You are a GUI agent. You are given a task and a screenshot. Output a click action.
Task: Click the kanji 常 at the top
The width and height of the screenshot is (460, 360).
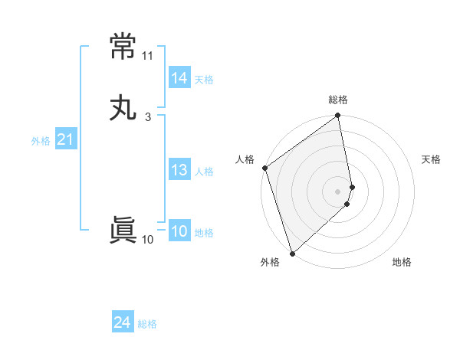point(123,47)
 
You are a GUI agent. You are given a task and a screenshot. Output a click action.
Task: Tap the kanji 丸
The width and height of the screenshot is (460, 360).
point(123,108)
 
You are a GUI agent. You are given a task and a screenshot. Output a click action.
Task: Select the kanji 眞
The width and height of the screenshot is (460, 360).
point(123,231)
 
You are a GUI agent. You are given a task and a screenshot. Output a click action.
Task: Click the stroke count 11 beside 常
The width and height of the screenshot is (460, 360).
point(147,56)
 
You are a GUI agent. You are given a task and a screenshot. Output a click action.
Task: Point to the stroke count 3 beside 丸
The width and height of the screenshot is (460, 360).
point(147,116)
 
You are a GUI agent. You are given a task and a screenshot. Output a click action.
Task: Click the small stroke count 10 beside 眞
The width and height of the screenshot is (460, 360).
point(147,240)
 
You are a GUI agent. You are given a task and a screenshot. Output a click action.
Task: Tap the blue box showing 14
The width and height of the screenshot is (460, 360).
point(179,78)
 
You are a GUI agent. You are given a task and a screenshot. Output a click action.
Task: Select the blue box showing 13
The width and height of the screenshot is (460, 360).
point(179,170)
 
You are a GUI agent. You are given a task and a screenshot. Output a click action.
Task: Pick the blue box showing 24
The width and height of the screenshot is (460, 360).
point(123,323)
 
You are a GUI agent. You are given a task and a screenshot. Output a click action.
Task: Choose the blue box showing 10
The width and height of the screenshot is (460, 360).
point(179,231)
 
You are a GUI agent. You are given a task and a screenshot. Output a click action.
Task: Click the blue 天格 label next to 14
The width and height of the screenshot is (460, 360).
point(204,80)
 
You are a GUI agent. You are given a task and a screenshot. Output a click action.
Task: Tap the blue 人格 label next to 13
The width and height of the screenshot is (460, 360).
point(204,172)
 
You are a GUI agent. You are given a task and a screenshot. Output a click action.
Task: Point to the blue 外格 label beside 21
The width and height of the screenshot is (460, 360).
point(41,141)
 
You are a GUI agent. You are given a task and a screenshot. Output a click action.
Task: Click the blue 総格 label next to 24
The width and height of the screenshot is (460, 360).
point(147,325)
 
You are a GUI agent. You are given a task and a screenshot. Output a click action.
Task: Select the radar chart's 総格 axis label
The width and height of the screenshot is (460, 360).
point(338,100)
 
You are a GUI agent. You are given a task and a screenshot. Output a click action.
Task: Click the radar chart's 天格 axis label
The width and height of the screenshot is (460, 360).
point(432,159)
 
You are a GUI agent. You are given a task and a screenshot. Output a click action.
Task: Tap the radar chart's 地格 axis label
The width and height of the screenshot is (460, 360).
point(402,263)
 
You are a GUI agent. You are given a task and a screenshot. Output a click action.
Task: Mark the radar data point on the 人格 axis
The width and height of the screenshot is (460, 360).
point(264,168)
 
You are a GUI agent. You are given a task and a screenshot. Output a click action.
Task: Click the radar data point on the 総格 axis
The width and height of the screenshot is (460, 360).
point(338,116)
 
